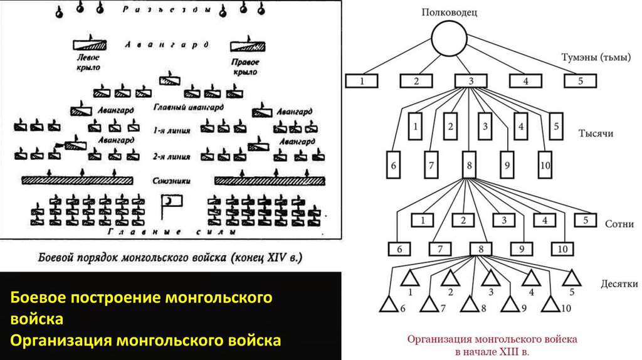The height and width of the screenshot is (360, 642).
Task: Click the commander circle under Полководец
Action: coord(450,39)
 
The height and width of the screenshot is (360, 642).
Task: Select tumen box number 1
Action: coord(362,80)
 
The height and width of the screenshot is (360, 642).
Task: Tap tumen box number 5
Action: coord(580,80)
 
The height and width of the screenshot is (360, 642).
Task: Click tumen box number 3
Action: coord(471,80)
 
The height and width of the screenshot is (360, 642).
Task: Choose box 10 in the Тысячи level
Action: coord(544,166)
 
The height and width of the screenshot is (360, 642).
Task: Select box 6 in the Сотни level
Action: coord(399,249)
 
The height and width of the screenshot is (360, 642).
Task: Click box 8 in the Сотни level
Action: coord(481,249)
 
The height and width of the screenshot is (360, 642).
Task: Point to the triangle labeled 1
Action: coord(410,277)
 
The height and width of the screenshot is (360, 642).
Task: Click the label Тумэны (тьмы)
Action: coord(591,58)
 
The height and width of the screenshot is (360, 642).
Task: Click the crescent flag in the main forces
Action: coord(170,201)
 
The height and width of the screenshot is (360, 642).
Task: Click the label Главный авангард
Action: coord(188,107)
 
